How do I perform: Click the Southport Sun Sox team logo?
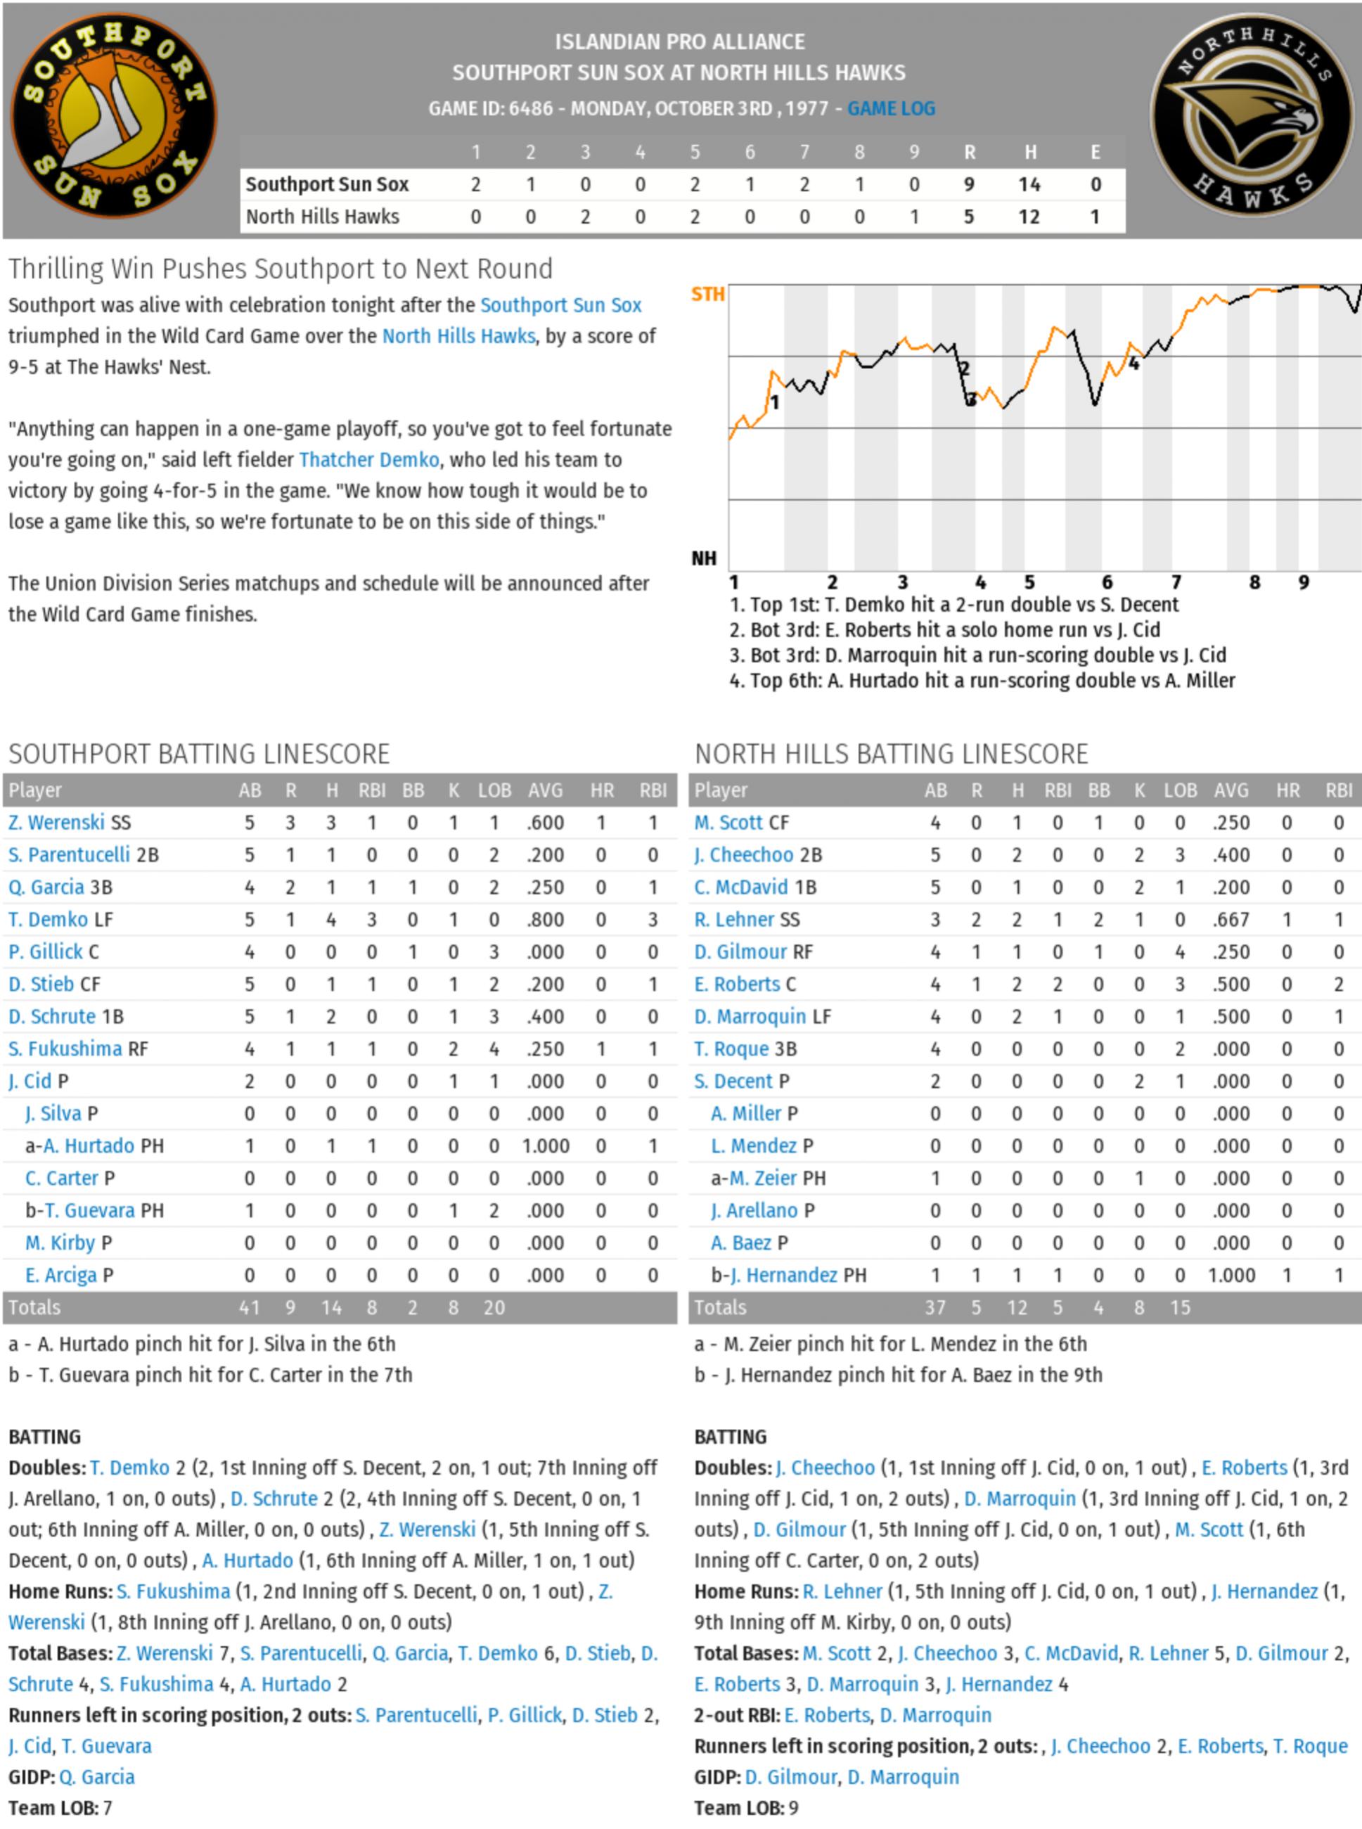tap(113, 115)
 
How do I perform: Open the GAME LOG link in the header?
tap(890, 108)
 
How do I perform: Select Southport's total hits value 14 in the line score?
tap(1028, 184)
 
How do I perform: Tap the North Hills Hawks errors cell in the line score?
tap(1095, 217)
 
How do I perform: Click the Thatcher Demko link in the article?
tap(368, 459)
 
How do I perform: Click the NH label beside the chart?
tap(703, 558)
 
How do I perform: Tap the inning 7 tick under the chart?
tap(1176, 582)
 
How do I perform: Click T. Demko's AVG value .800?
tap(545, 920)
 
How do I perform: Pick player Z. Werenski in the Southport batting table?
tap(56, 822)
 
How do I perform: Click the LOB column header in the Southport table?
tap(494, 790)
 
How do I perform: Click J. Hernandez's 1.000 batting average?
tap(1231, 1275)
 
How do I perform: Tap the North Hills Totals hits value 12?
tap(1017, 1307)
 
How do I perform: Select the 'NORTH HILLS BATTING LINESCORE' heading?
tap(890, 754)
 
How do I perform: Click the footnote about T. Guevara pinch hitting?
tap(210, 1375)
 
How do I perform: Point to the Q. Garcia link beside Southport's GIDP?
tap(96, 1777)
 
